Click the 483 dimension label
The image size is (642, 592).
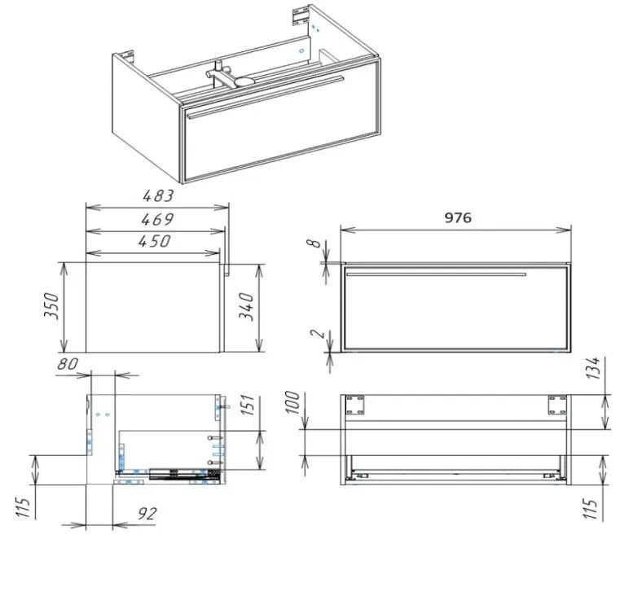[x=158, y=196]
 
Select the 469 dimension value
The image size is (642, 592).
[x=157, y=219]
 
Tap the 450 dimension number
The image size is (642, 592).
[x=154, y=241]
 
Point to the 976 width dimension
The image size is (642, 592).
[x=458, y=217]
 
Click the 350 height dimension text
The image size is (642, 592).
[x=51, y=305]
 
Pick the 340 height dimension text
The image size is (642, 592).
[x=247, y=306]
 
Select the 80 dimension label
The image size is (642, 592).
[x=68, y=364]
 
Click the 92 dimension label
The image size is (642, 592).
[x=147, y=514]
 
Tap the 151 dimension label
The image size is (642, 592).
[x=248, y=405]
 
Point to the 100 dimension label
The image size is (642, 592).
[x=292, y=402]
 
